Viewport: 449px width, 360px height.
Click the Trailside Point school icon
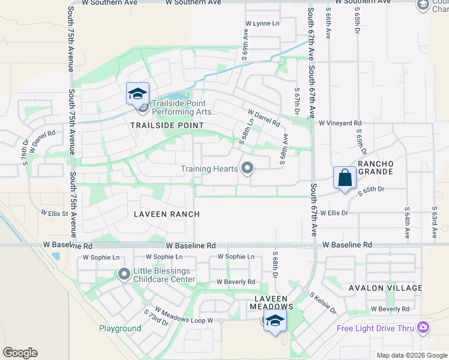point(137,94)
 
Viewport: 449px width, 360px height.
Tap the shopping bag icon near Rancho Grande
point(345,178)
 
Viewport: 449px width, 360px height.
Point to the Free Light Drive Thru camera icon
point(424,328)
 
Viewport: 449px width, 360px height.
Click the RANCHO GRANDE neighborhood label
point(376,167)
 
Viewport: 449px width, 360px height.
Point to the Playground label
point(120,328)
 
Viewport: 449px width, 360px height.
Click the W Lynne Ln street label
point(262,23)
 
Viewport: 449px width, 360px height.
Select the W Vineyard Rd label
point(340,123)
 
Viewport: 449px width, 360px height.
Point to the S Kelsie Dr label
point(323,304)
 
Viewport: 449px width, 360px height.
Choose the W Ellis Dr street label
point(334,212)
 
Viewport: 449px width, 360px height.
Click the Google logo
point(20,353)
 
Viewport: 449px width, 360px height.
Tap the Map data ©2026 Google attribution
point(412,355)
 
